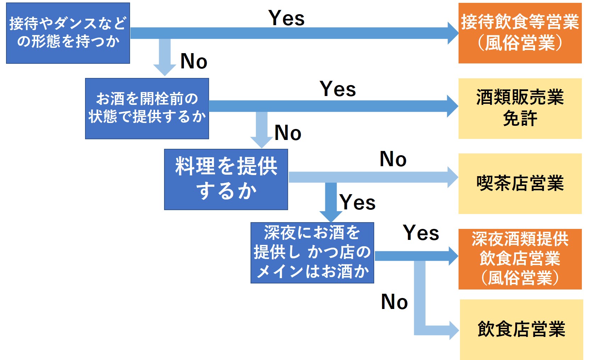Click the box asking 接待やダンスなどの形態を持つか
(x=68, y=33)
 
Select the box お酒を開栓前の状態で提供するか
(x=147, y=108)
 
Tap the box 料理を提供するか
(x=226, y=179)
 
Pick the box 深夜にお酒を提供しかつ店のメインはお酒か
(x=312, y=253)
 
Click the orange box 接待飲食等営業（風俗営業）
(x=520, y=33)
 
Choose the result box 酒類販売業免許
(x=520, y=108)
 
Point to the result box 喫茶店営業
(x=520, y=184)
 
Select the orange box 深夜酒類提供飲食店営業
(x=520, y=259)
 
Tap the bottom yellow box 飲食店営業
(x=521, y=330)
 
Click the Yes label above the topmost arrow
(x=286, y=18)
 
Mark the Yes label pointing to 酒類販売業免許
(x=338, y=89)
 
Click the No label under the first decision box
(x=193, y=61)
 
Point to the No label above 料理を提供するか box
(x=288, y=133)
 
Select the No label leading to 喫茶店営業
(x=393, y=159)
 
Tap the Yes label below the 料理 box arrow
(x=358, y=203)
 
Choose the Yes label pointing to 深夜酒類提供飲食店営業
(x=421, y=233)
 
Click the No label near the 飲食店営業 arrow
(x=394, y=302)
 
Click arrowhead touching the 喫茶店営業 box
(x=453, y=177)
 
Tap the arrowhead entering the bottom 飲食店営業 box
(x=454, y=330)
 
